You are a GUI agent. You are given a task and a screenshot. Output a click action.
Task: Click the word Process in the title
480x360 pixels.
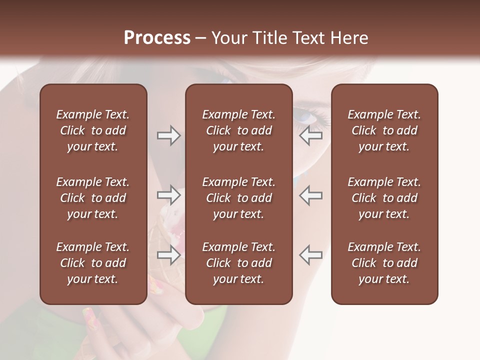157,37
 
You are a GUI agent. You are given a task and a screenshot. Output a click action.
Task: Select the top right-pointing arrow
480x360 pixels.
168,135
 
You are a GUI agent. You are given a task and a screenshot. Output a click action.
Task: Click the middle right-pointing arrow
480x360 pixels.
168,195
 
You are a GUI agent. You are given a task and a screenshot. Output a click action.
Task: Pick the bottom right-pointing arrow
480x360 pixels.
168,255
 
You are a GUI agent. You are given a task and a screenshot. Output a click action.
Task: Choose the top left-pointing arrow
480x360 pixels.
311,135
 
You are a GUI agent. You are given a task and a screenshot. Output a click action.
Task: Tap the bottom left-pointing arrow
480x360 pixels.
311,255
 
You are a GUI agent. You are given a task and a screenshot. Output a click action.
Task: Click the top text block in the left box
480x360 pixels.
93,130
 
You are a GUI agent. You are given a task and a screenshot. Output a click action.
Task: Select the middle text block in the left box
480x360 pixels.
93,198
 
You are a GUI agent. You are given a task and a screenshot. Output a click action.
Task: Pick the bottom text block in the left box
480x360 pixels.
93,263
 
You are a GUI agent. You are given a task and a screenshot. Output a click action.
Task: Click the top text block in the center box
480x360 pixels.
238,130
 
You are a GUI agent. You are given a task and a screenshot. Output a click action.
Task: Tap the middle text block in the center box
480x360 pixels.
238,198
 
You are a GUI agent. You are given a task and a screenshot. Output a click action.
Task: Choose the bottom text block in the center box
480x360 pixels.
238,263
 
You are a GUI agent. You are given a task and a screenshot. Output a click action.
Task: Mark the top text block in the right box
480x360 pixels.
384,130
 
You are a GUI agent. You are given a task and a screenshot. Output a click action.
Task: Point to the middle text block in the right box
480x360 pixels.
384,198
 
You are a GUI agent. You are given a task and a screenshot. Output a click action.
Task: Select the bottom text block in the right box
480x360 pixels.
384,263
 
